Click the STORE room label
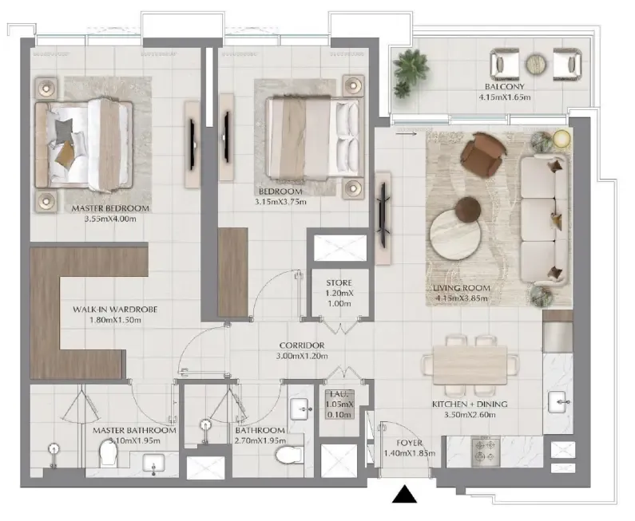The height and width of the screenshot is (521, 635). pos(339,282)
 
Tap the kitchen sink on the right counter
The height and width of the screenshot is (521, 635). pos(557,401)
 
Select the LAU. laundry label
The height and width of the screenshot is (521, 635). pos(338,394)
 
